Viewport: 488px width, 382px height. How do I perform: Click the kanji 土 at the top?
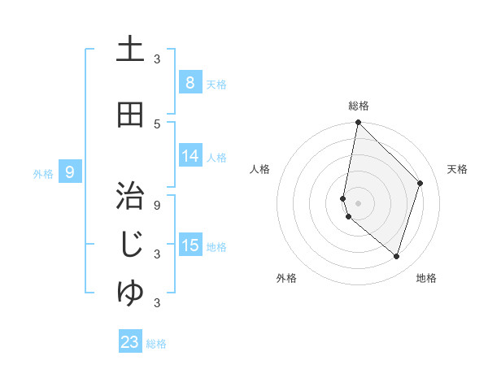(x=130, y=50)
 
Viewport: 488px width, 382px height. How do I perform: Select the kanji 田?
(x=130, y=115)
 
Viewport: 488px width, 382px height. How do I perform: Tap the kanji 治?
(x=130, y=198)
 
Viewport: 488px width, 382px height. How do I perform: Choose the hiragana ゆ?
(x=130, y=293)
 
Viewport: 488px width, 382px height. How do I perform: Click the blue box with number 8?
(x=190, y=82)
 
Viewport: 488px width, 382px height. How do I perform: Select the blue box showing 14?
(x=190, y=156)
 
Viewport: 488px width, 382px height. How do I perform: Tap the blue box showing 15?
(x=190, y=245)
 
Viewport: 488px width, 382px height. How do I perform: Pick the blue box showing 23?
(x=130, y=342)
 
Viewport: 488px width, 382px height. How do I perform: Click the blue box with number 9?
(x=70, y=171)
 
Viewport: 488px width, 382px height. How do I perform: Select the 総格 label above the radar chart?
(x=359, y=106)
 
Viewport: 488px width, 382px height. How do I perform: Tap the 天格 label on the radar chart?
(x=458, y=169)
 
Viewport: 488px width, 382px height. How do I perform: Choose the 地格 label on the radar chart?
(x=426, y=278)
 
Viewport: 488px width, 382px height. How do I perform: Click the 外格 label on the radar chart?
(x=286, y=278)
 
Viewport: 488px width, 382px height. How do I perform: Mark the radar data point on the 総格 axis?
(x=359, y=123)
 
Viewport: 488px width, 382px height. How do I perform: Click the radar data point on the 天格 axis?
(x=420, y=184)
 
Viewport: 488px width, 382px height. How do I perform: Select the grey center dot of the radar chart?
(x=359, y=203)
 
